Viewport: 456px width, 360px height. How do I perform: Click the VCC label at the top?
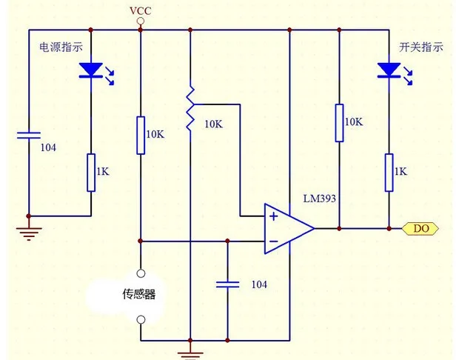click(x=141, y=11)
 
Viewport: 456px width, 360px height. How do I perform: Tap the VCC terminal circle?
click(x=141, y=21)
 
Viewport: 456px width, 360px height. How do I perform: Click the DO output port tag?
click(x=420, y=228)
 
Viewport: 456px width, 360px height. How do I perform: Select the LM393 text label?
click(x=319, y=199)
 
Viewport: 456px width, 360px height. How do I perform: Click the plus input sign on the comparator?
click(x=273, y=216)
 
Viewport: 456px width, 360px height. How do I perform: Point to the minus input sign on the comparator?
click(x=273, y=241)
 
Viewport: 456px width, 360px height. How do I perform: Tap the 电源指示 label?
click(x=61, y=47)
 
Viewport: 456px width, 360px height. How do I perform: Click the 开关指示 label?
click(x=420, y=47)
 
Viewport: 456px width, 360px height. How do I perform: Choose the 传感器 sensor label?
click(x=139, y=294)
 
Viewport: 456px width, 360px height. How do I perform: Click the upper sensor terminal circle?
click(x=141, y=273)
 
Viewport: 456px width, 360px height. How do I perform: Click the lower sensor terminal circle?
click(x=141, y=320)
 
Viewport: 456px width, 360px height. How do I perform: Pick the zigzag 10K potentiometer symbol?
click(x=190, y=108)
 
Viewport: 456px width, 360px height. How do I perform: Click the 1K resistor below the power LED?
click(x=91, y=173)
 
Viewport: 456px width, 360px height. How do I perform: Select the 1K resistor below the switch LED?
click(x=389, y=173)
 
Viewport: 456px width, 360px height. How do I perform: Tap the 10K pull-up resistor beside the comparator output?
click(x=339, y=123)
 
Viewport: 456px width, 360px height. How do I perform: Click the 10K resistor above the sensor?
click(x=141, y=136)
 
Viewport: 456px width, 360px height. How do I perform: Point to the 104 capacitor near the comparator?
click(x=228, y=284)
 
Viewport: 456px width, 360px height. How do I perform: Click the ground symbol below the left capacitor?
click(x=28, y=233)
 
